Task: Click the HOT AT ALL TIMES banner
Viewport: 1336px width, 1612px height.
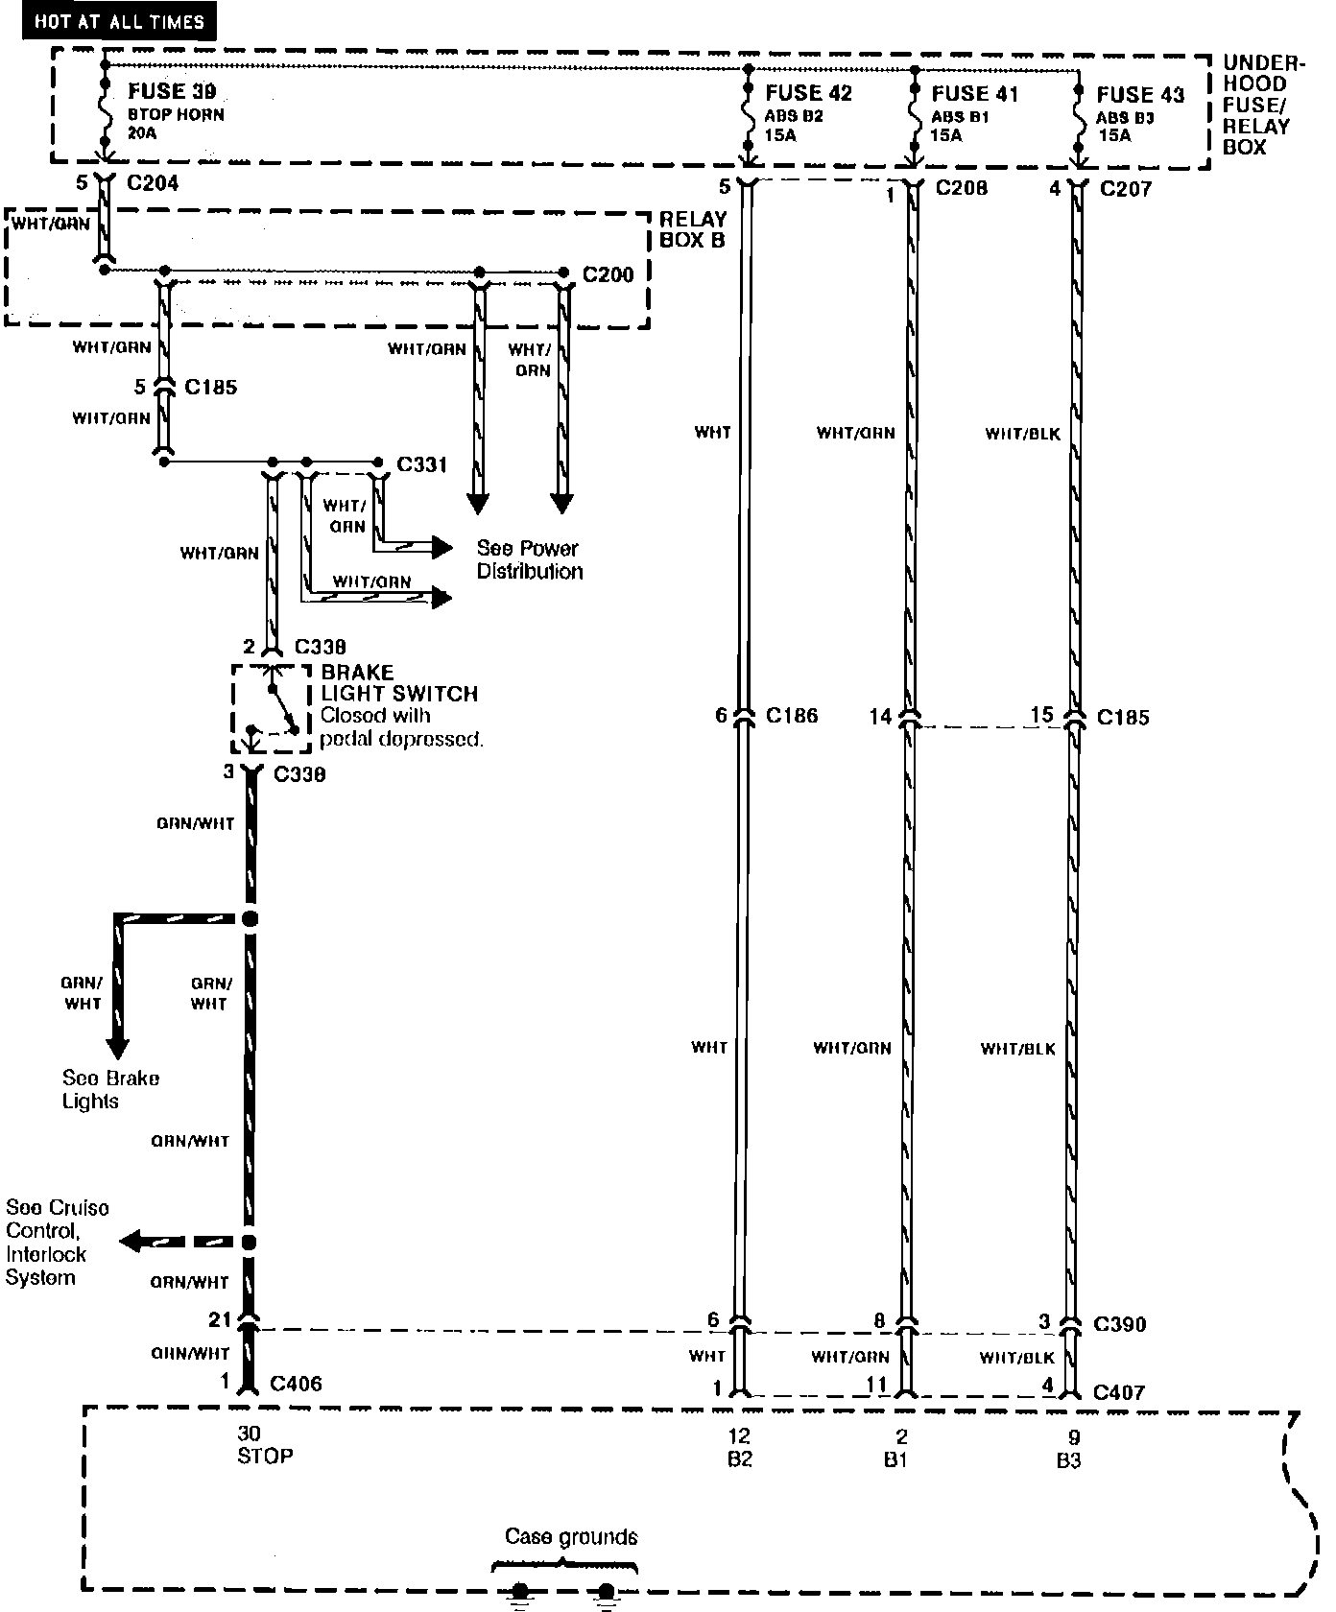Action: click(120, 21)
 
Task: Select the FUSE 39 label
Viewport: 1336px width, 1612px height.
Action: click(172, 91)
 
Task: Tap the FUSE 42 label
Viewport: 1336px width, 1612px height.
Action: click(808, 93)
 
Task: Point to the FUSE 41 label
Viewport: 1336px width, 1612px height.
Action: click(974, 93)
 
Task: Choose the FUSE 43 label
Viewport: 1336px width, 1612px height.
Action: click(1140, 94)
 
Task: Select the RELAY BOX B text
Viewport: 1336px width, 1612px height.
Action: click(692, 229)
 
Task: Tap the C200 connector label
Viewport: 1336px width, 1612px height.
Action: click(608, 275)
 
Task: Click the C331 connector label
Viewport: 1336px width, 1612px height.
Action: click(421, 464)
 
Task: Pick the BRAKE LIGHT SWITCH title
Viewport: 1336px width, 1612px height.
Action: click(399, 682)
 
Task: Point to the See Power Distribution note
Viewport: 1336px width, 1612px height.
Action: click(530, 559)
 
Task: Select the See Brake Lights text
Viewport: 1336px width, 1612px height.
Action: click(110, 1089)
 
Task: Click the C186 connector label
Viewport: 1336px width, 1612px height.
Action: click(792, 715)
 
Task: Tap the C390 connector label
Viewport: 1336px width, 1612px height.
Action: click(1119, 1324)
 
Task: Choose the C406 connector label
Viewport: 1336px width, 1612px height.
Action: click(296, 1383)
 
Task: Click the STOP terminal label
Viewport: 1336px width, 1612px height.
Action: click(265, 1456)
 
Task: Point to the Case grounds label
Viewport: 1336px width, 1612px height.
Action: click(571, 1536)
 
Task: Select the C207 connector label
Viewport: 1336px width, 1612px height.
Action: click(1126, 188)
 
